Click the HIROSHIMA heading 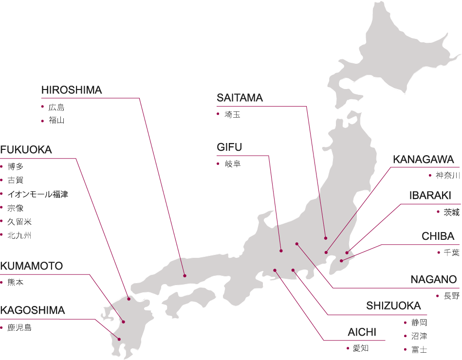tap(72, 90)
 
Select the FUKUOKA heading tap(26, 150)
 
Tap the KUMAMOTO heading tap(32, 267)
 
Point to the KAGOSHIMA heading tap(33, 311)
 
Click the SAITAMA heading tap(240, 98)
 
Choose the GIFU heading tap(229, 147)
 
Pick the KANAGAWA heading tap(423, 160)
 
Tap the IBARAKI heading tap(430, 196)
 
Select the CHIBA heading tap(438, 237)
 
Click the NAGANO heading tap(434, 280)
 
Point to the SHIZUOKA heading tap(393, 306)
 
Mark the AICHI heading tap(362, 333)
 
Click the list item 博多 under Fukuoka tap(16, 167)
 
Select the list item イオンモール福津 tap(37, 195)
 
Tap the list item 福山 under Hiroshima tap(56, 121)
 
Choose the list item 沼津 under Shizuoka tap(419, 336)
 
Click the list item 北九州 tap(19, 235)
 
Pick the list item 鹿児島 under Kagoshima tap(19, 328)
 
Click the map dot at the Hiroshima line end tap(185, 276)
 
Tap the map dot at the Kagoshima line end tap(119, 340)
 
